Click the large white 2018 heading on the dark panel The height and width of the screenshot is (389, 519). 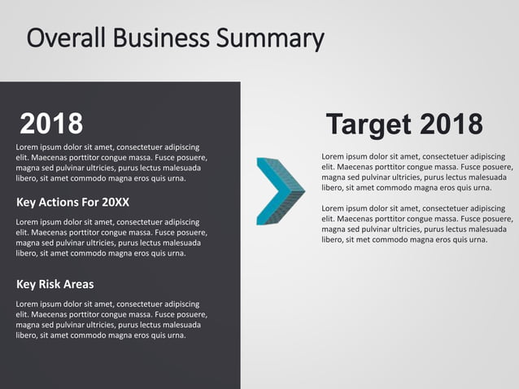point(51,124)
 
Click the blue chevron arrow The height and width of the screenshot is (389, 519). point(280,191)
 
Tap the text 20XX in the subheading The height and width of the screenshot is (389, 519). point(114,202)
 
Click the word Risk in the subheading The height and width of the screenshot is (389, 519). point(53,284)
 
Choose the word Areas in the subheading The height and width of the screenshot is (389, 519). point(80,284)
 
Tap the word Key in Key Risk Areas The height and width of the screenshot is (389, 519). point(27,284)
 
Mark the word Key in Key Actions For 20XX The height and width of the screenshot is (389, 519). point(27,202)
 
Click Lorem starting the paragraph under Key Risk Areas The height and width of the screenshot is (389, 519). point(27,304)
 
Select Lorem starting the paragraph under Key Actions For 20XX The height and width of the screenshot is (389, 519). point(27,221)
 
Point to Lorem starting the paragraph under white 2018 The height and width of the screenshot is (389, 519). point(27,146)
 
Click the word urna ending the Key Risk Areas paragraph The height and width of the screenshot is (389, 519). point(176,335)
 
